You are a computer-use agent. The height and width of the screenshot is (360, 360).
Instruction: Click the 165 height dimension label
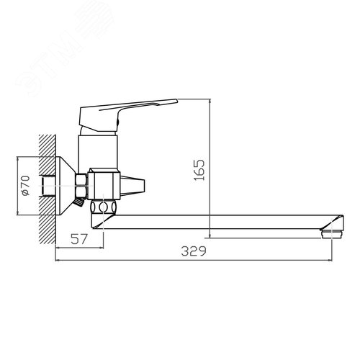199,170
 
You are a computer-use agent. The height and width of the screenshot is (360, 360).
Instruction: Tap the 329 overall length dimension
194,251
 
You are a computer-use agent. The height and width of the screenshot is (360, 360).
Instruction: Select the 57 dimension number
78,239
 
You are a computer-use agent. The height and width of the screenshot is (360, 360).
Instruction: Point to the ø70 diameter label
26,186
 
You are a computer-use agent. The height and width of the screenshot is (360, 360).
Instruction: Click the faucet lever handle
125,114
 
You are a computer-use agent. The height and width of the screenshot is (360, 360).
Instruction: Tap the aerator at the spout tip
332,234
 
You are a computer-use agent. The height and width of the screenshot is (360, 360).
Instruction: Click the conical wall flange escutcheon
66,186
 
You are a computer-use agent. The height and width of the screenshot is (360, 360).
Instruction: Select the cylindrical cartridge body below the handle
98,152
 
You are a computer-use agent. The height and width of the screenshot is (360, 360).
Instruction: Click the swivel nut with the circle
104,207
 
